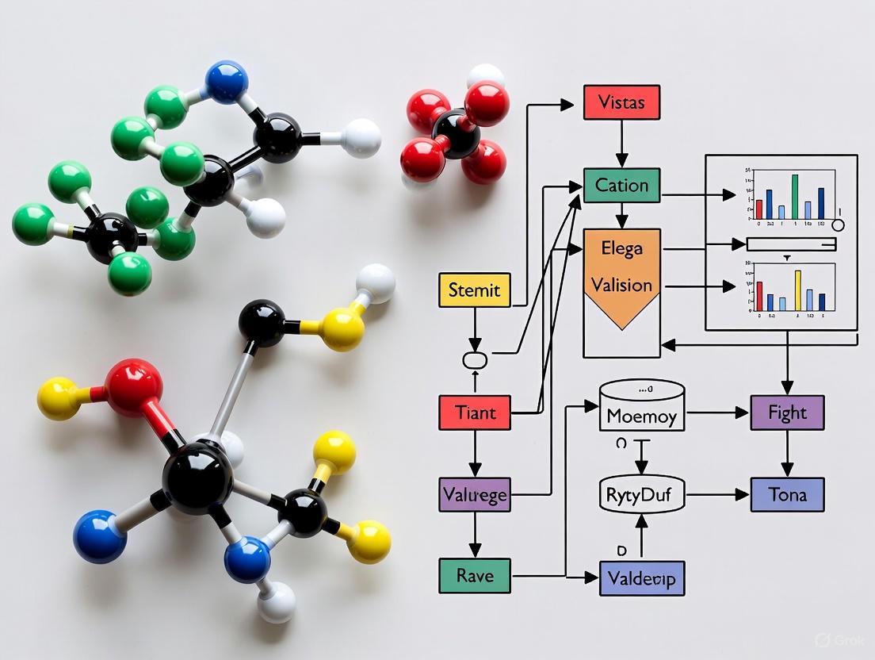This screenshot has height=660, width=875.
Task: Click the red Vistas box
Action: [621, 102]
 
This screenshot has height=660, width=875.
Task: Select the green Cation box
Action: [621, 186]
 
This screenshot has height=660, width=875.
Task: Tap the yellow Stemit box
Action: [474, 290]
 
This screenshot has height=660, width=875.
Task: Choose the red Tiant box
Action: [474, 412]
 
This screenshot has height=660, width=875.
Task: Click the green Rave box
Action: [474, 575]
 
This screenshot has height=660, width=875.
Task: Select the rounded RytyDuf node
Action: [641, 495]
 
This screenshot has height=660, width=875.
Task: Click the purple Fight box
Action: [787, 412]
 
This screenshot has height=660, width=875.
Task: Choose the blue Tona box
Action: [787, 494]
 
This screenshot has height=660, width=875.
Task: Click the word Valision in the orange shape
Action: [621, 285]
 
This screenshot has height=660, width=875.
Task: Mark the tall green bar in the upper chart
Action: [794, 197]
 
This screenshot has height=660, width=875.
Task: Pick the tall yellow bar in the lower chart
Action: [798, 290]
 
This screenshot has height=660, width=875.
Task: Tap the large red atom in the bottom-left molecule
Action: [133, 387]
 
